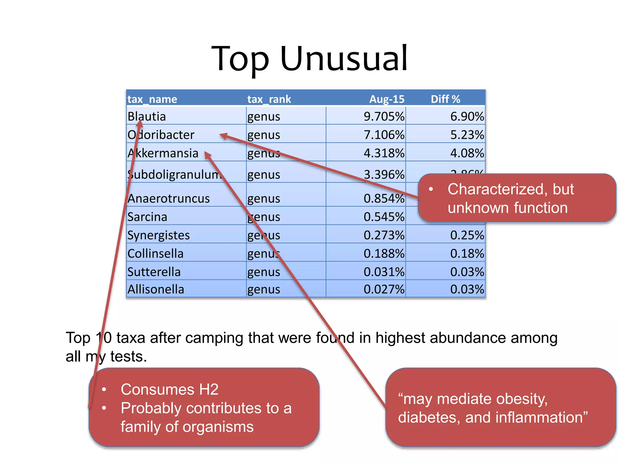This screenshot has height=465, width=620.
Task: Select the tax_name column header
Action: click(152, 99)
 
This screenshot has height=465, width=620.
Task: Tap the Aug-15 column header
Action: click(387, 99)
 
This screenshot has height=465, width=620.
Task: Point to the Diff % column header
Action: click(445, 99)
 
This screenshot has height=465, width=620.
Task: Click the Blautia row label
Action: click(147, 117)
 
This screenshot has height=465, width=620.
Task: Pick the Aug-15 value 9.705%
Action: click(384, 117)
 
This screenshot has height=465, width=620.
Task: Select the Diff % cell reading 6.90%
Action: click(467, 117)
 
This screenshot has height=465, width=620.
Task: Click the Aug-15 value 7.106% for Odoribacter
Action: click(384, 135)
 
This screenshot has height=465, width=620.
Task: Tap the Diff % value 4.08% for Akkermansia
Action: click(467, 153)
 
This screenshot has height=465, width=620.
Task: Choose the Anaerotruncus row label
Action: click(169, 199)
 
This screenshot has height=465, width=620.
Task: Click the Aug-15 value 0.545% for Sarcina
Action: click(384, 217)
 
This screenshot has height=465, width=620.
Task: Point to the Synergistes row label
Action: click(158, 235)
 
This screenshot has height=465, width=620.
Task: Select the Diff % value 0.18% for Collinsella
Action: click(467, 253)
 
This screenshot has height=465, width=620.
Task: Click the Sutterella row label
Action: click(154, 272)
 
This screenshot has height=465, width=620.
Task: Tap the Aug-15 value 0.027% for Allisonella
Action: click(384, 289)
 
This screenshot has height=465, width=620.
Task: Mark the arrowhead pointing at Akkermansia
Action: click(208, 155)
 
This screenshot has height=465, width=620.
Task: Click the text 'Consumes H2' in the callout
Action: click(170, 389)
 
